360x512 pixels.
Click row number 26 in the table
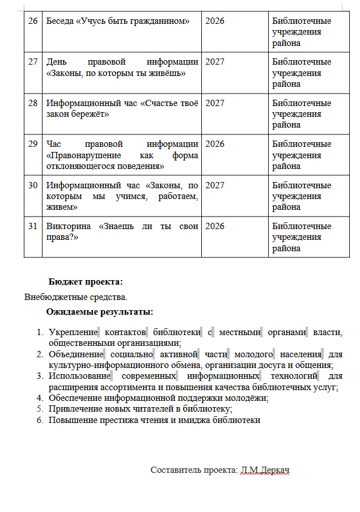[x=33, y=21]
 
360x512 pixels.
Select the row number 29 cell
[x=33, y=144]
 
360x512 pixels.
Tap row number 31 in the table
[x=33, y=226]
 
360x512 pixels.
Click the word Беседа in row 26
[x=60, y=21]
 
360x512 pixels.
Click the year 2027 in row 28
[x=215, y=103]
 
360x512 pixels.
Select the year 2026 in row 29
[x=215, y=144]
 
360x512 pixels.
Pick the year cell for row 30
[x=215, y=185]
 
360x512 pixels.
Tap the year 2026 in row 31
[x=215, y=226]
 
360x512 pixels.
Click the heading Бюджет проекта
[x=86, y=282]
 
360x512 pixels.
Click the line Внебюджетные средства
[x=76, y=297]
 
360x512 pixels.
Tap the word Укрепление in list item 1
[x=73, y=332]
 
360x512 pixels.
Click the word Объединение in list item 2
[x=75, y=354]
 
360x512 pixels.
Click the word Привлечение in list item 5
[x=73, y=409]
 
